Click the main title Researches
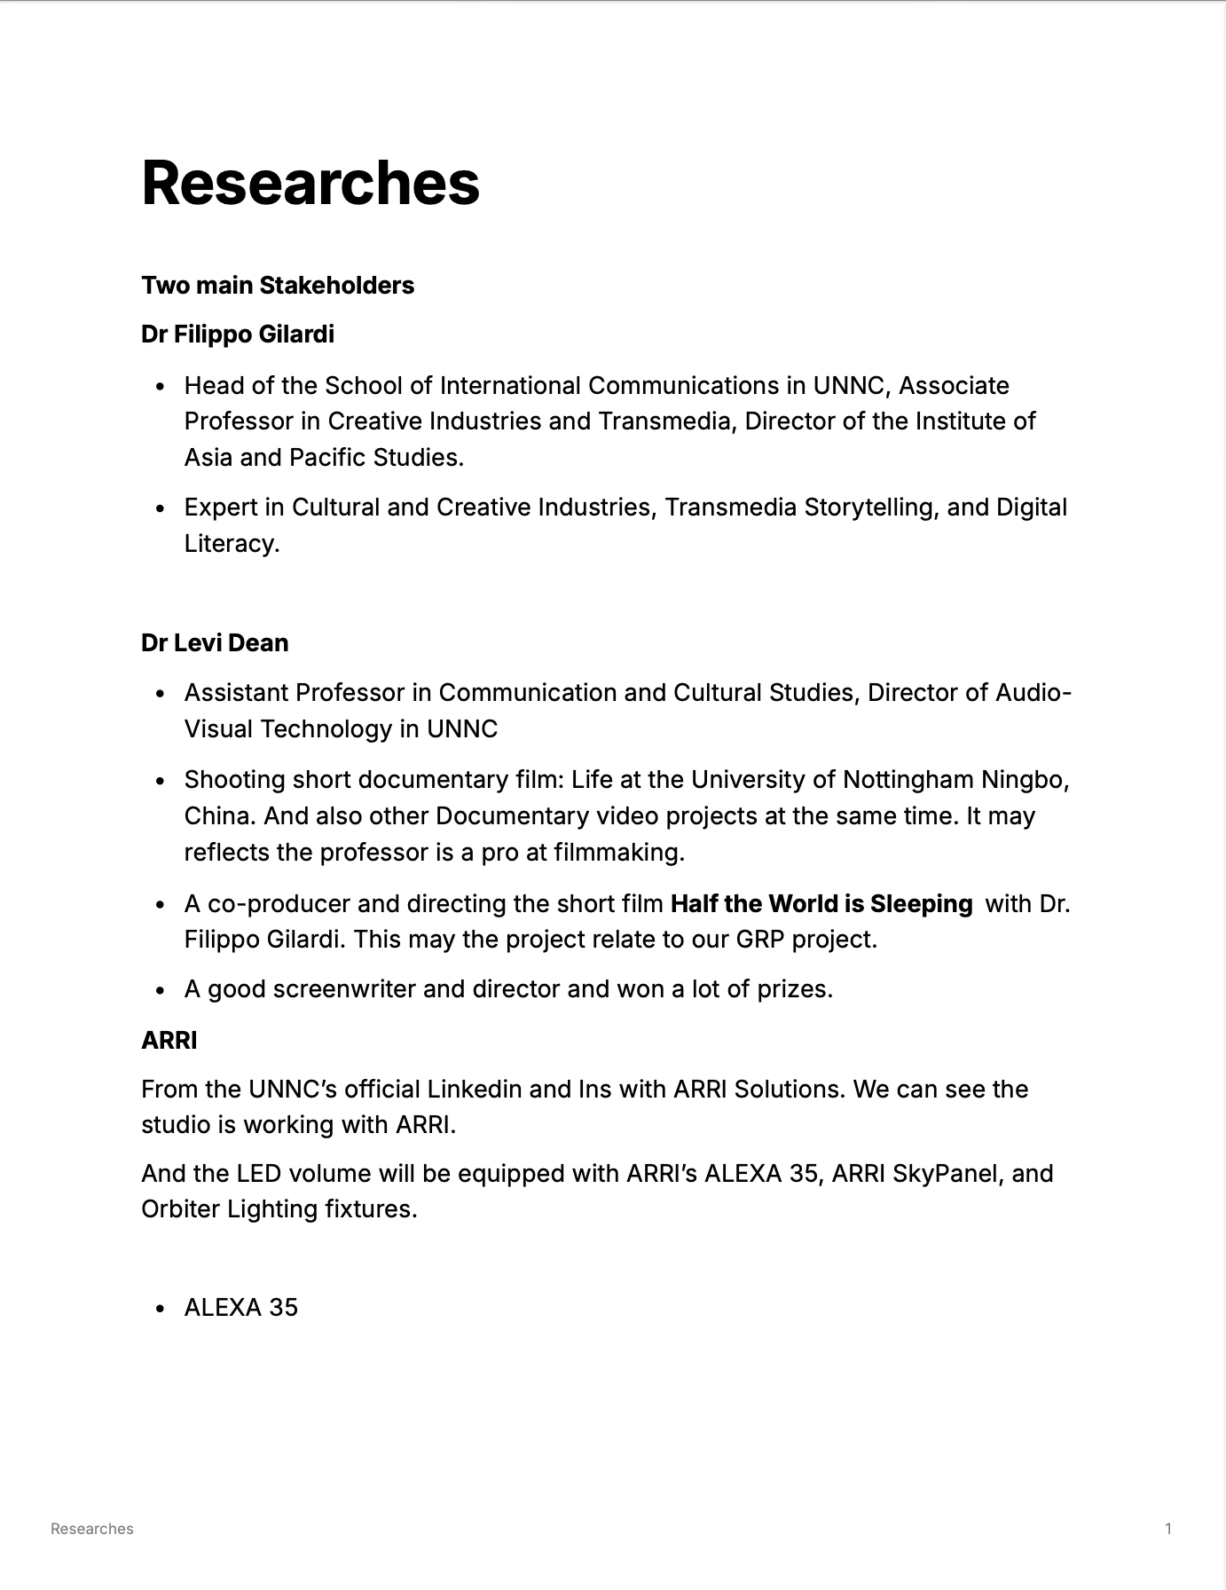pyautogui.click(x=310, y=183)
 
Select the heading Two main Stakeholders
pyautogui.click(x=278, y=286)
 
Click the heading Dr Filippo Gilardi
pyautogui.click(x=238, y=335)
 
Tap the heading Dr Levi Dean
pyautogui.click(x=215, y=642)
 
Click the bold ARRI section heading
pyautogui.click(x=169, y=1040)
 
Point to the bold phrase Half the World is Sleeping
pyautogui.click(x=821, y=903)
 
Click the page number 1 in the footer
pyautogui.click(x=1168, y=1528)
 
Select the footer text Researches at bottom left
pyautogui.click(x=92, y=1528)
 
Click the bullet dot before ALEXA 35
pyautogui.click(x=161, y=1309)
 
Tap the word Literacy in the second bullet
pyautogui.click(x=230, y=543)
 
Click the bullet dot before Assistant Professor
pyautogui.click(x=161, y=694)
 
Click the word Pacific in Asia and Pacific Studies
pyautogui.click(x=327, y=457)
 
